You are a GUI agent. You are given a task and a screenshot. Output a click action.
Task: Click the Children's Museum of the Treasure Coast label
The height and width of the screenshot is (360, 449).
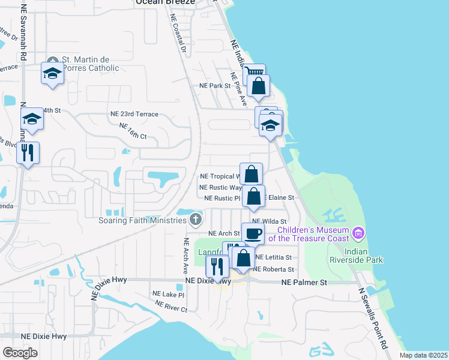tap(312, 234)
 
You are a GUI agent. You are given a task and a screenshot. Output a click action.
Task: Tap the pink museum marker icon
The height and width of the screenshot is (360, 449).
tap(358, 232)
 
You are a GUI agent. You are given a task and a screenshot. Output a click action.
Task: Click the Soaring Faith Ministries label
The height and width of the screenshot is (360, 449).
tap(143, 220)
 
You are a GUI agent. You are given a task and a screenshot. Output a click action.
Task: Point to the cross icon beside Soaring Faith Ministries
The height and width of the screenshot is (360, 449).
tap(194, 220)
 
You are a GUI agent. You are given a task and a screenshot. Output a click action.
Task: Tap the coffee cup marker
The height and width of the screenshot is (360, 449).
tap(253, 233)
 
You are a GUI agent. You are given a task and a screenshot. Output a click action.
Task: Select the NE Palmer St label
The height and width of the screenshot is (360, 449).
tap(305, 281)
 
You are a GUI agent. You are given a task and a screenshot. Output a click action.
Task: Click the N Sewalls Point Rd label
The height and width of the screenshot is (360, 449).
tap(373, 319)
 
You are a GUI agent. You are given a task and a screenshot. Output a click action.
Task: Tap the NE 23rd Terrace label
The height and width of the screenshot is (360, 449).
tap(134, 114)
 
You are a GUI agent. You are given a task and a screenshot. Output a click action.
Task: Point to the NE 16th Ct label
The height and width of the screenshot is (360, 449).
tap(133, 131)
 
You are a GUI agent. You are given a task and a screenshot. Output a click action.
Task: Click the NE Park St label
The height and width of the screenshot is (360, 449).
tap(215, 86)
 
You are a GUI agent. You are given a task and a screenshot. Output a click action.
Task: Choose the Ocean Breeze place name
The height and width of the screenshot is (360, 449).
tap(165, 2)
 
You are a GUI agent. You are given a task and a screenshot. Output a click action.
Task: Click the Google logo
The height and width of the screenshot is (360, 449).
tap(20, 352)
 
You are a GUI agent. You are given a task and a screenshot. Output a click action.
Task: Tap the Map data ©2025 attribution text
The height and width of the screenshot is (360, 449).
tap(423, 355)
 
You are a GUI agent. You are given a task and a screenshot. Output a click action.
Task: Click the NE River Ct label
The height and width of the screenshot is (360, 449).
tap(172, 305)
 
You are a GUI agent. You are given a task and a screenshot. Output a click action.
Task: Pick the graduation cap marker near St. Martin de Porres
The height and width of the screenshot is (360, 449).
tap(53, 74)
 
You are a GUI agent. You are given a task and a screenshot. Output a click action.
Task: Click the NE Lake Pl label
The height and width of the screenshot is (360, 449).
tap(168, 294)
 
